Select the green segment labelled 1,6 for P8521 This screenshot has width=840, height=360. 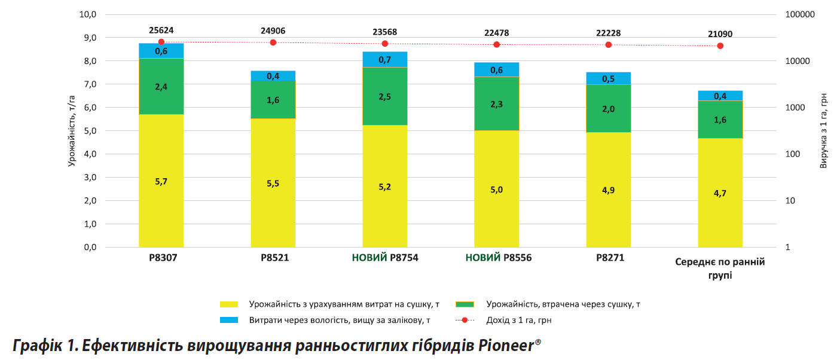pos(273,99)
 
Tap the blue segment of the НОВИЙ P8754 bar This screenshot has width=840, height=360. pos(384,59)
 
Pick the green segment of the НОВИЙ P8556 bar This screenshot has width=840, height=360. pos(496,103)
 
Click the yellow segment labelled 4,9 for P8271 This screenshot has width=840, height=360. pos(608,189)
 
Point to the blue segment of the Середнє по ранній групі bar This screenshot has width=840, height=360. pos(720,96)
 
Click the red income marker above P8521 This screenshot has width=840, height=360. pos(273,42)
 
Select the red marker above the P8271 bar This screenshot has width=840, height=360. pos(609,45)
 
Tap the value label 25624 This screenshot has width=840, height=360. pos(161,30)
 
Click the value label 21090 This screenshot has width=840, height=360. pos(720,34)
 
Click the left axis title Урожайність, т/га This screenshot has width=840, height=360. pos(71,131)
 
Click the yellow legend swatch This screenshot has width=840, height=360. pos(229,304)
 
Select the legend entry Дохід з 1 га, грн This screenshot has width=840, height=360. pos(519,320)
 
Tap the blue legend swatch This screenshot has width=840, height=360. pos(229,320)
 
